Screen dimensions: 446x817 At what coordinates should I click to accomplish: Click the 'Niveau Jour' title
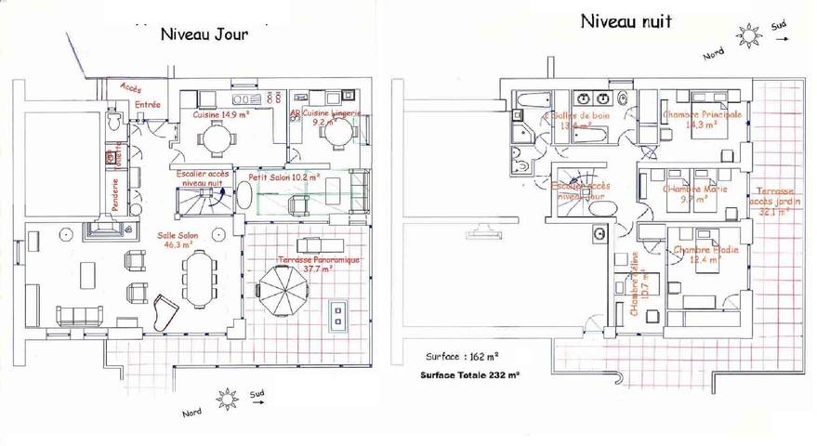click(204, 35)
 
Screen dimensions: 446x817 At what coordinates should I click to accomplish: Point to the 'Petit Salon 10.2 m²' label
click(283, 176)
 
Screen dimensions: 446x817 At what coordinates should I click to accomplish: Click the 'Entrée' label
click(148, 105)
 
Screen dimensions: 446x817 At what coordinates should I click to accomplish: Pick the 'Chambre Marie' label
click(693, 192)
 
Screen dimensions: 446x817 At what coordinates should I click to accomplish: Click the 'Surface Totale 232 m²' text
click(472, 375)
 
